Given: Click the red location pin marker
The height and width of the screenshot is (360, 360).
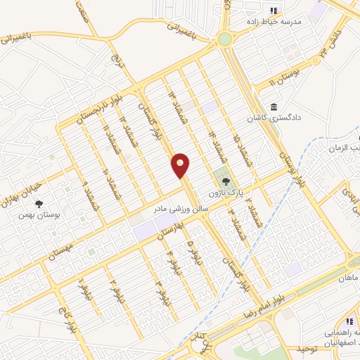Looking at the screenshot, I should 181,165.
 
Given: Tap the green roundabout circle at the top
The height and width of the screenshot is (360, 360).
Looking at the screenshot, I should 226,39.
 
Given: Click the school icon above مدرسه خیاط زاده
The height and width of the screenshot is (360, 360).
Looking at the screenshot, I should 274,10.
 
